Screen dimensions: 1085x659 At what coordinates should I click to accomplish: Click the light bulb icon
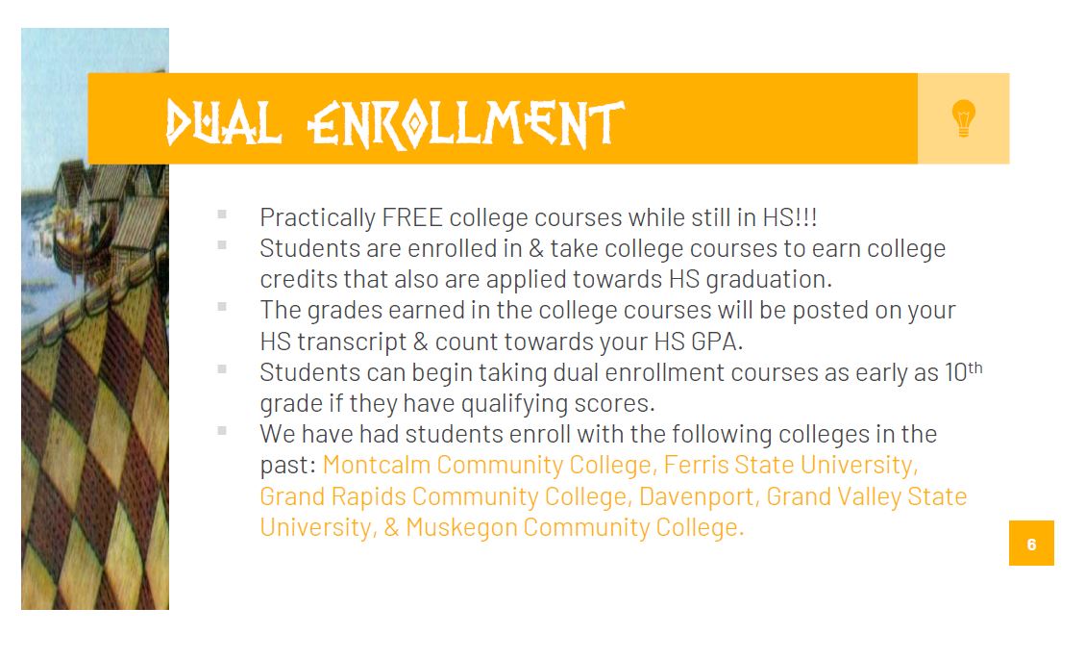tap(963, 117)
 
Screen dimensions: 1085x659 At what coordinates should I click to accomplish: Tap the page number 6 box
tap(1031, 544)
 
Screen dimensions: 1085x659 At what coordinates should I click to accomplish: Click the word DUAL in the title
tap(224, 124)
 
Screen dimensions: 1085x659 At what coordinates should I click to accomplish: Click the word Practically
tap(317, 218)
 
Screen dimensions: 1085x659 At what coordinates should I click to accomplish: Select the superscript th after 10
tap(975, 368)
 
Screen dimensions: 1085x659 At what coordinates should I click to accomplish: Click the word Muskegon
tap(461, 528)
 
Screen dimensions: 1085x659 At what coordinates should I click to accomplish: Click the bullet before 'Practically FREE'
tap(221, 215)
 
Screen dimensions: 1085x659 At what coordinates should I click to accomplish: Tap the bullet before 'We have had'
tap(221, 430)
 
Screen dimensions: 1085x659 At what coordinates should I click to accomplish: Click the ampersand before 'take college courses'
tap(535, 249)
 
